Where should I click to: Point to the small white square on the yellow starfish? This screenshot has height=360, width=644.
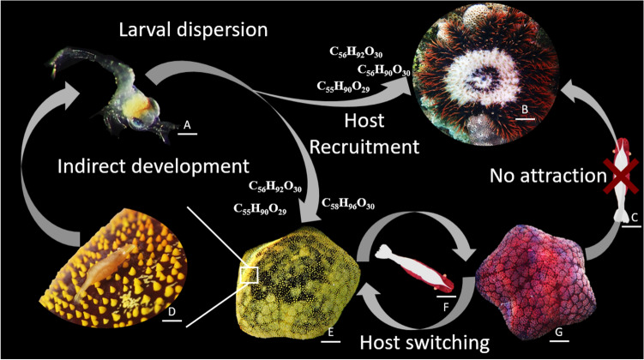250,274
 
